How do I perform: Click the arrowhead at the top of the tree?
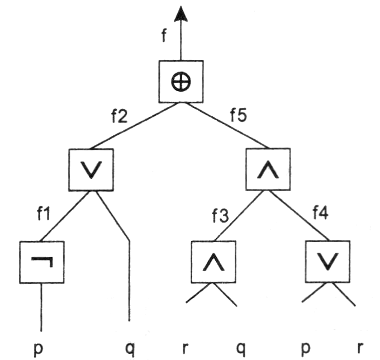click(x=180, y=14)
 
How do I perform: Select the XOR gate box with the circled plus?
click(x=180, y=82)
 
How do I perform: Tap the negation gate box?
click(x=42, y=262)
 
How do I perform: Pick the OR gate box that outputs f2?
click(x=92, y=169)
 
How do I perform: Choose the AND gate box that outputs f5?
click(x=269, y=169)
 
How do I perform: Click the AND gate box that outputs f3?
click(x=213, y=262)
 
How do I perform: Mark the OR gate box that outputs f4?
click(x=328, y=262)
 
